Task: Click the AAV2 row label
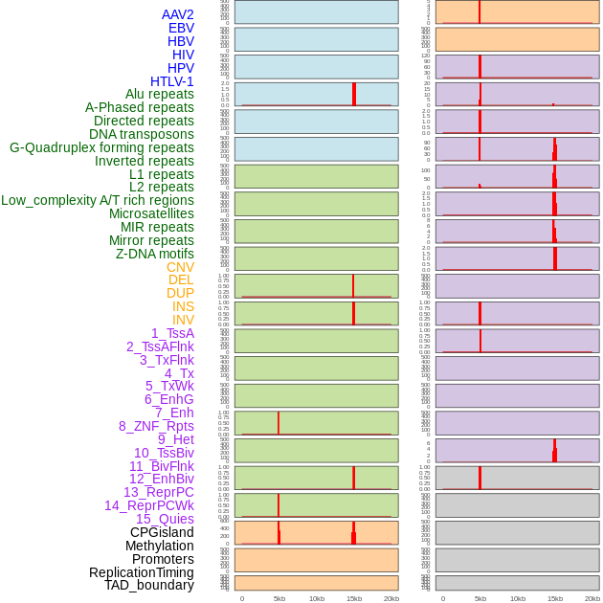(178, 14)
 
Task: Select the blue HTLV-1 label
(172, 81)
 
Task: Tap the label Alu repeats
(160, 95)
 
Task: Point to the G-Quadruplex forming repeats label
(101, 147)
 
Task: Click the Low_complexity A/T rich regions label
(98, 200)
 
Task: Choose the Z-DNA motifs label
(155, 254)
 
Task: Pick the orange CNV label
(180, 267)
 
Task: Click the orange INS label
(183, 306)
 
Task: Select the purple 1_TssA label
(172, 333)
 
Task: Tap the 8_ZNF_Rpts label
(156, 426)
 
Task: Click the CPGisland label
(162, 532)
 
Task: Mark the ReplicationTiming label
(142, 572)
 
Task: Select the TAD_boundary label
(149, 585)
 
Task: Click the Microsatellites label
(151, 213)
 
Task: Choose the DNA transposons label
(142, 134)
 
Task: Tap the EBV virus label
(181, 28)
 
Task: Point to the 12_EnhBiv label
(162, 479)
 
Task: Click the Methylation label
(160, 546)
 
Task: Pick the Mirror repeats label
(151, 240)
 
